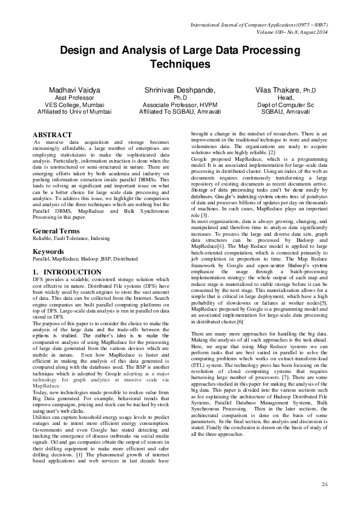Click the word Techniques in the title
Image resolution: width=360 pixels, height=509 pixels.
pyautogui.click(x=180, y=63)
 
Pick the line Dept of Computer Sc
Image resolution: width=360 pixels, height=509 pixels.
pyautogui.click(x=286, y=104)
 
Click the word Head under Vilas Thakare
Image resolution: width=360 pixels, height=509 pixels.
pyautogui.click(x=286, y=97)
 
